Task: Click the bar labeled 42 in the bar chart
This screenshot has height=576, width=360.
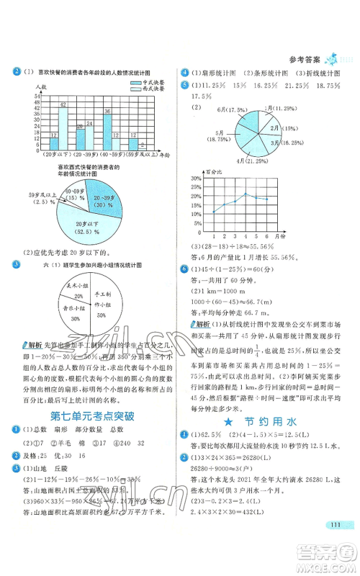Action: click(x=63, y=126)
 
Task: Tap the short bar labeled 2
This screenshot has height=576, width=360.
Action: click(x=143, y=149)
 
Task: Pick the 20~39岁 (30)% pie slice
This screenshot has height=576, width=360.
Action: click(x=114, y=202)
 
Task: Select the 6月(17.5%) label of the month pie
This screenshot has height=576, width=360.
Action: click(x=222, y=109)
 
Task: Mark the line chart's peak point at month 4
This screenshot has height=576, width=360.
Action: click(x=246, y=193)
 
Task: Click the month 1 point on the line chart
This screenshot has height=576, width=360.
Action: click(x=214, y=212)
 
